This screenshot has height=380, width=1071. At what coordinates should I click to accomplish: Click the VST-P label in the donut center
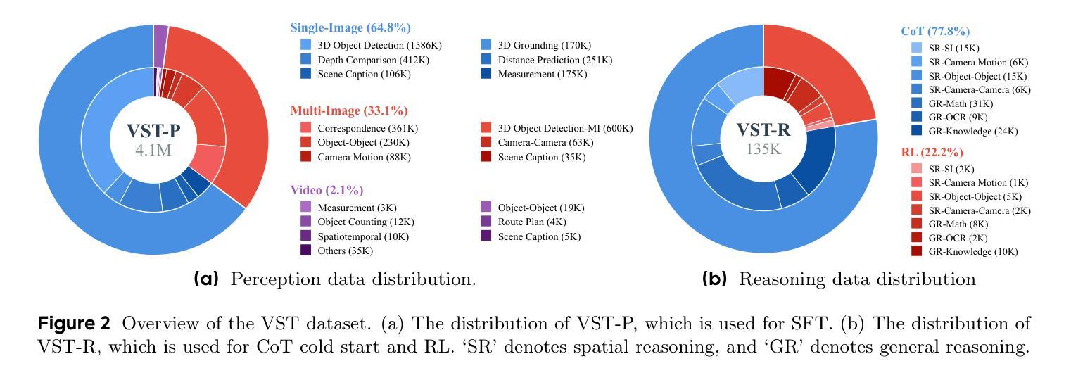coord(153,131)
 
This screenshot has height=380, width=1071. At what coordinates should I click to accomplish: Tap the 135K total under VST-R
coord(763,148)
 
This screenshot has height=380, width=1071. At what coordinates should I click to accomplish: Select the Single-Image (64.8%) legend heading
coord(350,28)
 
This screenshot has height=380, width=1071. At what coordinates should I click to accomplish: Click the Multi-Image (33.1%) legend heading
coord(348,110)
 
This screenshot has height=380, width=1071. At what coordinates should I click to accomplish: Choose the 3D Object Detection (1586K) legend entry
coord(379,45)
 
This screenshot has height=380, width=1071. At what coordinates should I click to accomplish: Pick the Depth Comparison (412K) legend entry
coord(373,60)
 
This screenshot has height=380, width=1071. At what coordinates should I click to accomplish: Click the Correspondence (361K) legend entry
coord(367,128)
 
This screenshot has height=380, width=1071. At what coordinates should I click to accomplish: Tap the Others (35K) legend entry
coord(345,251)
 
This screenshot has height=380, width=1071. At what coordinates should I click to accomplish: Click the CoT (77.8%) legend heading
coord(935,31)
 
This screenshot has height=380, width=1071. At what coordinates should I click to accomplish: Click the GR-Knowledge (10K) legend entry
coord(972,251)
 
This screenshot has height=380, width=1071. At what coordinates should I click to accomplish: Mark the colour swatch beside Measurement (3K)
coord(305,208)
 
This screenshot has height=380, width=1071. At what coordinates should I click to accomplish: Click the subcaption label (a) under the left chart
coord(206,279)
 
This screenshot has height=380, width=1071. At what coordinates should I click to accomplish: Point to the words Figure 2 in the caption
coord(74,324)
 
